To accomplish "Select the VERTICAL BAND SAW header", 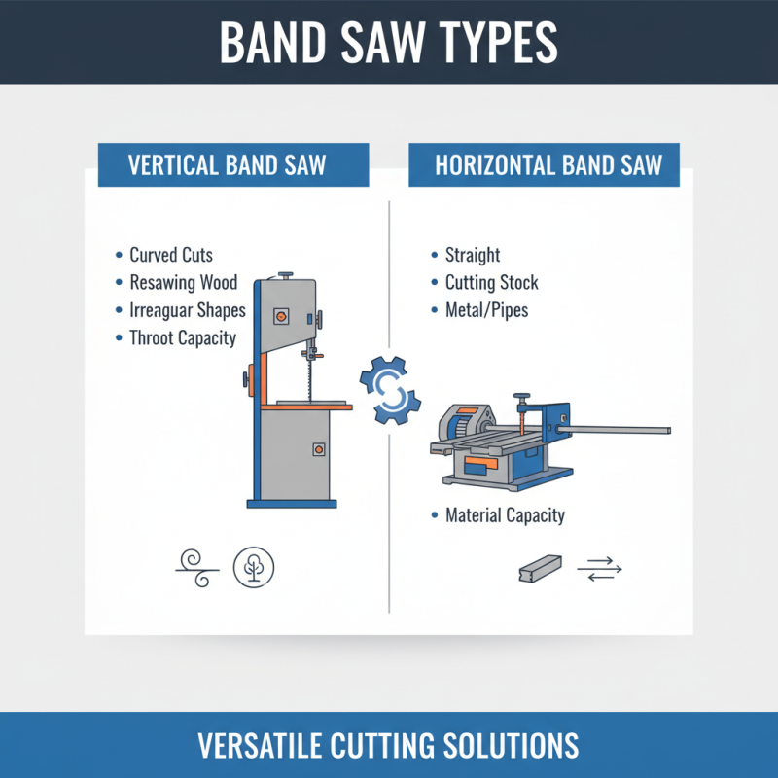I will pyautogui.click(x=233, y=165).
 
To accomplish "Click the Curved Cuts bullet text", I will pyautogui.click(x=171, y=255).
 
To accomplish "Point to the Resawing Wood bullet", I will pyautogui.click(x=183, y=283).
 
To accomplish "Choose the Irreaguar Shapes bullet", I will pyautogui.click(x=187, y=311).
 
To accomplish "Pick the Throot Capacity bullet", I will pyautogui.click(x=183, y=338).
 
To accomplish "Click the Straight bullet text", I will pyautogui.click(x=473, y=255).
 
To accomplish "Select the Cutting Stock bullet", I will pyautogui.click(x=491, y=283).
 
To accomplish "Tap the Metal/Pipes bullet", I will pyautogui.click(x=486, y=311).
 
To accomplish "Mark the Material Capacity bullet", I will pyautogui.click(x=505, y=515).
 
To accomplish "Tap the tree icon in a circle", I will pyautogui.click(x=255, y=567).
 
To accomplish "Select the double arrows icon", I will pyautogui.click(x=599, y=569).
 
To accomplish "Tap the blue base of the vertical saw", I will pyautogui.click(x=292, y=503).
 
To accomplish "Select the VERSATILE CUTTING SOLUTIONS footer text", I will pyautogui.click(x=389, y=746).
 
